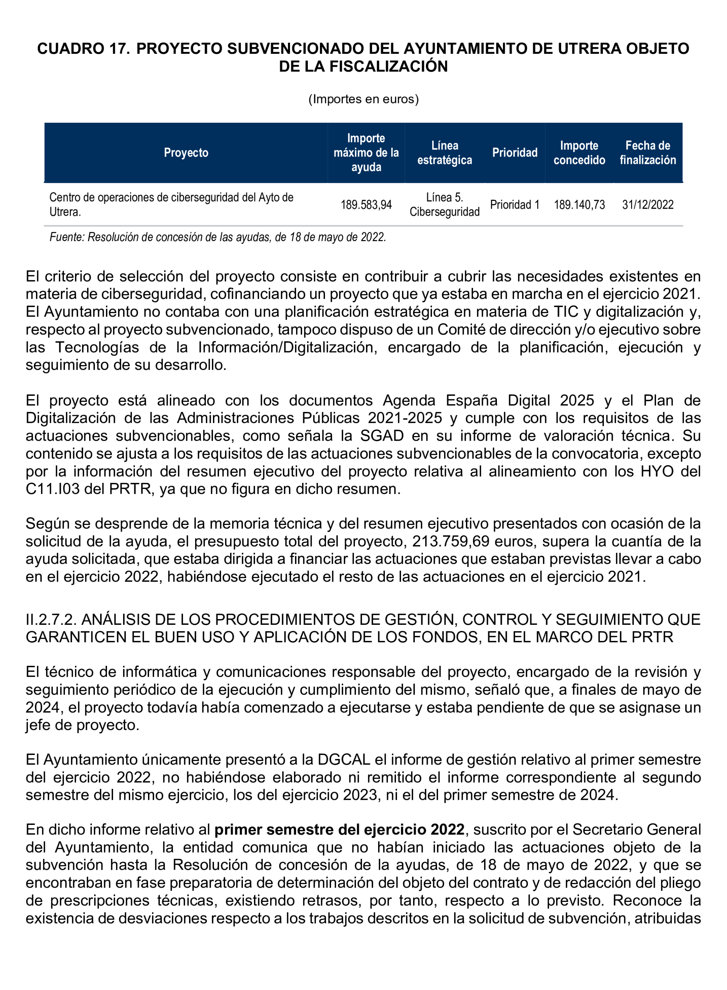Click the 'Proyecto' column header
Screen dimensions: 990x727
[186, 153]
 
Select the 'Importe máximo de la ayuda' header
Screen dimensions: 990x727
[366, 153]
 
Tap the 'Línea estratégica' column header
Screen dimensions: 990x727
[444, 153]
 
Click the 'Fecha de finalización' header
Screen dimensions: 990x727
[647, 153]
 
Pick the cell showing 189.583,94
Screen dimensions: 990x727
[366, 205]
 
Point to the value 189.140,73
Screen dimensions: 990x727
[579, 205]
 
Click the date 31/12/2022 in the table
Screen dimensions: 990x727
[647, 205]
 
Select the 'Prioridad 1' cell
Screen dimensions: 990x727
[514, 205]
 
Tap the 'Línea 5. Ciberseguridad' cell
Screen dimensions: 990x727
[444, 205]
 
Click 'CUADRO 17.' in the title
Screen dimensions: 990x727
[83, 49]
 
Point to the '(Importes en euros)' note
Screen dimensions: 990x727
[363, 99]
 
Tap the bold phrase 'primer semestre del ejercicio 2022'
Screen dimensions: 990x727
[339, 830]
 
